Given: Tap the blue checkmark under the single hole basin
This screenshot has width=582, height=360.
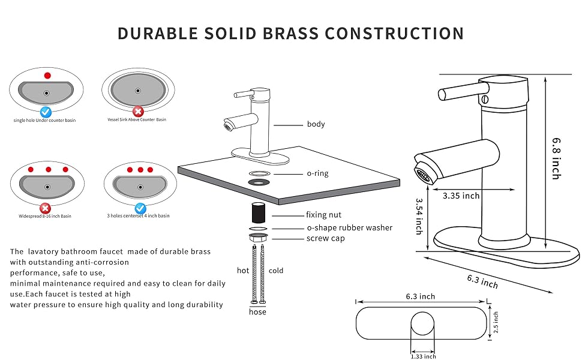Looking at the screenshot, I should coord(46,111).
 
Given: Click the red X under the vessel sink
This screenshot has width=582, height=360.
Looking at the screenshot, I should coord(138,111).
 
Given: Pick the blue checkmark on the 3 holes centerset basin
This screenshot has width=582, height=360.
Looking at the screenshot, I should coord(140,208).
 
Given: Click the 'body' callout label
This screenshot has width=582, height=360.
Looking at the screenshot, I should coord(316,124).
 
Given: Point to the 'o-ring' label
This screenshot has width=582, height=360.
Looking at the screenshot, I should coord(317,173).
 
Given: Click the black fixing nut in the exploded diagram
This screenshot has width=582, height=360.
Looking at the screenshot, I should coord(258,212).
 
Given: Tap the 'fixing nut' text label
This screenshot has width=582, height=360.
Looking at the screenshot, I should coord(323,215).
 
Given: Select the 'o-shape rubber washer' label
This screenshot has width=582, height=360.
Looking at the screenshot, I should coord(349,227).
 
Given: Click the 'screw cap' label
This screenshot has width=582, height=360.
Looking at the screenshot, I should coord(325,238).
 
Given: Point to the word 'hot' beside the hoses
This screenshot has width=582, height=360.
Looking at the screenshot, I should coord(242,271).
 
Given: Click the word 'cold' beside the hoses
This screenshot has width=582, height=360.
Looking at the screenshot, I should coord(276,271).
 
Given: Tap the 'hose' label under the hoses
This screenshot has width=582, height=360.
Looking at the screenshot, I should coord(258,312).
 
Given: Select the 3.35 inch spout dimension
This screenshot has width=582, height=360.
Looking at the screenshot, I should coord(461,195).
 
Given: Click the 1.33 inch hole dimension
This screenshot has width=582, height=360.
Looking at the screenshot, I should coord(423,356).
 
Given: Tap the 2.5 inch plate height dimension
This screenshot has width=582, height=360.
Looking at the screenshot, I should coord(495,323).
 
